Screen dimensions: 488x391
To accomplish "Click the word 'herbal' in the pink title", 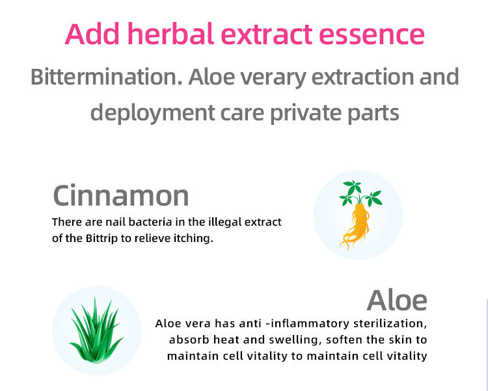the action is (x=170, y=34).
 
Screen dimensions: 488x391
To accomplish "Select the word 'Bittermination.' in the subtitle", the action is (x=106, y=77).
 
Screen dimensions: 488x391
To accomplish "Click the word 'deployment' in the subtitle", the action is (x=152, y=114).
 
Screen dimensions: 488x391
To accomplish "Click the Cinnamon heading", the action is (x=121, y=196).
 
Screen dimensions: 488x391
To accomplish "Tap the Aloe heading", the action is (x=397, y=300).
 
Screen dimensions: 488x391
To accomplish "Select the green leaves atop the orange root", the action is (x=360, y=194).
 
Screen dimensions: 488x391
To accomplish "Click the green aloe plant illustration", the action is (x=96, y=330).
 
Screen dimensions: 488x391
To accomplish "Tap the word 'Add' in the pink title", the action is (x=92, y=34).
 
